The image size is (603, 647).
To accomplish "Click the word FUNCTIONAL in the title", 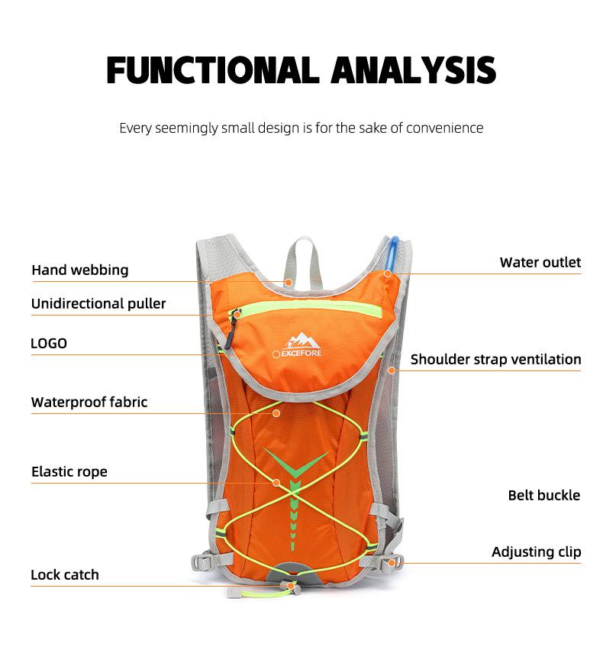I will (213, 70).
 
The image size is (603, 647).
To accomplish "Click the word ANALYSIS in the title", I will (414, 70).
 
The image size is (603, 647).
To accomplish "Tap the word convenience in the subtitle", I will (444, 128).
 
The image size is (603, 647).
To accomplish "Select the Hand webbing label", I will (79, 270).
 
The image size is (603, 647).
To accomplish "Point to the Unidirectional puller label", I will (98, 303).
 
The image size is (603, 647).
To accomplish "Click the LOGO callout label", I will (49, 343).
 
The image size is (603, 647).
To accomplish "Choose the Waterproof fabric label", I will (89, 402).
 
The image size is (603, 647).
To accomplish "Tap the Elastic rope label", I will (69, 471).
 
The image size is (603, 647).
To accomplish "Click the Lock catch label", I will (65, 574).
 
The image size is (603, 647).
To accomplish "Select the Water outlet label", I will (540, 262).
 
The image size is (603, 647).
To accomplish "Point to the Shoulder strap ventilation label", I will (495, 359).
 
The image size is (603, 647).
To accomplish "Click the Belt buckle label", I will (543, 495).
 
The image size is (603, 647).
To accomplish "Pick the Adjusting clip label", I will (536, 552).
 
